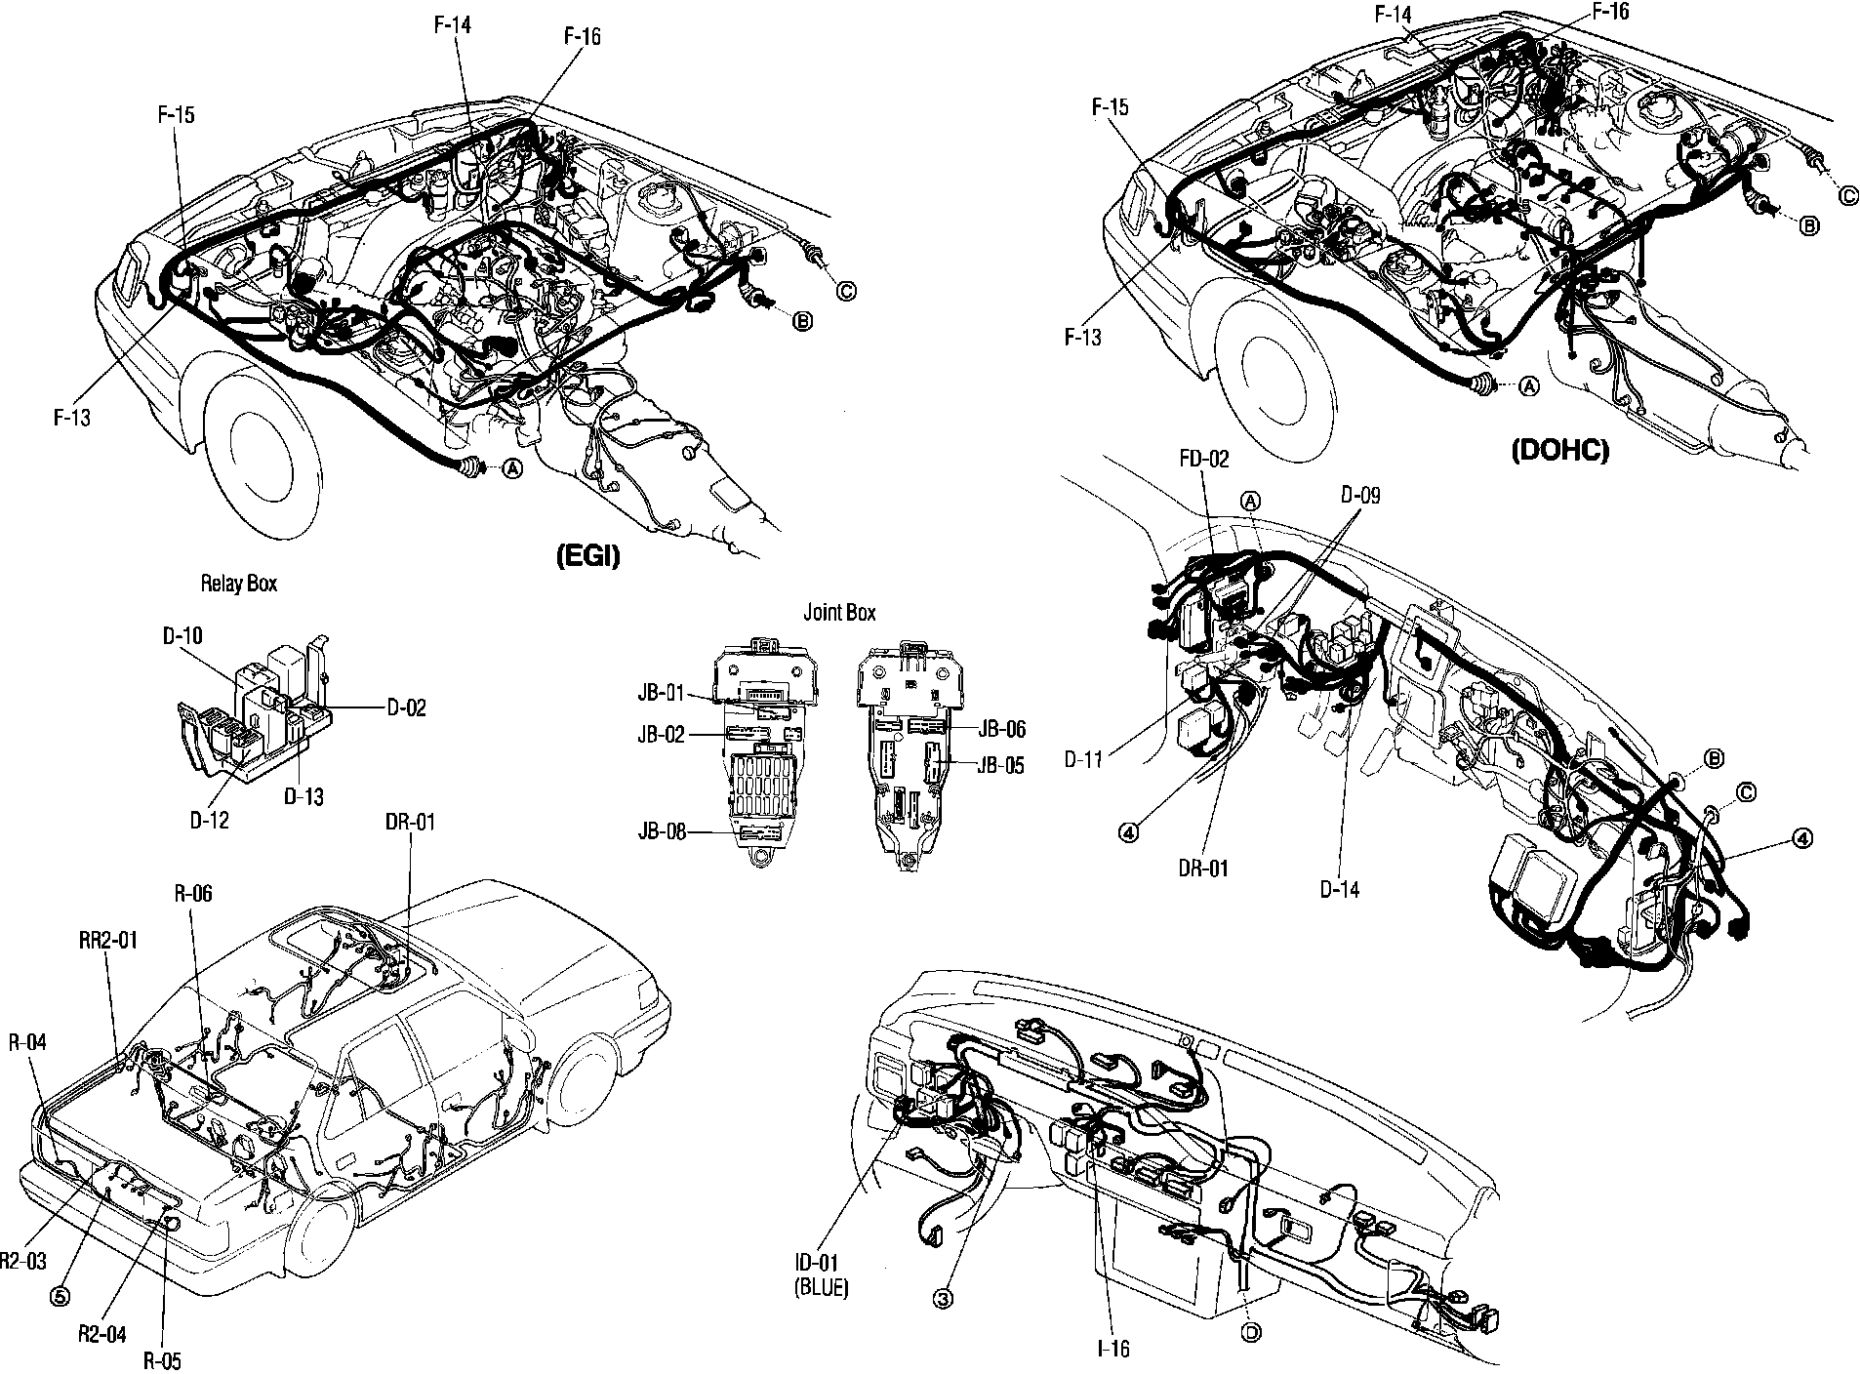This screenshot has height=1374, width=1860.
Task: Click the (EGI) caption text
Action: pyautogui.click(x=587, y=558)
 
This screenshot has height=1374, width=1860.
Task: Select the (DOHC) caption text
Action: pyautogui.click(x=1559, y=451)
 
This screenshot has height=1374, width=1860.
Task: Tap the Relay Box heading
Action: pyautogui.click(x=238, y=584)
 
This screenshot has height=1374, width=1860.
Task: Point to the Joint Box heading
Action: pyautogui.click(x=839, y=613)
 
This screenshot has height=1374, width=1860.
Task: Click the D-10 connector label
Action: pyautogui.click(x=182, y=636)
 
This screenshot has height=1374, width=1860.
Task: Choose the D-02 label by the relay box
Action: pyautogui.click(x=406, y=707)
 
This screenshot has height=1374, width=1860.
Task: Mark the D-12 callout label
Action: pyautogui.click(x=209, y=820)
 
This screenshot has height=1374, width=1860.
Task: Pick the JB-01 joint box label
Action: pyautogui.click(x=661, y=695)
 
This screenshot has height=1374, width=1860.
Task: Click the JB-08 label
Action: pyautogui.click(x=661, y=832)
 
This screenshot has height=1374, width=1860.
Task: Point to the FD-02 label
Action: pyautogui.click(x=1204, y=459)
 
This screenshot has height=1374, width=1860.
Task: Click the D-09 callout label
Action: pyautogui.click(x=1359, y=496)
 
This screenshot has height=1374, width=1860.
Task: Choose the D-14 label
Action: pyautogui.click(x=1339, y=889)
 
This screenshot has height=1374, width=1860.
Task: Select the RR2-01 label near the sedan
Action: pyautogui.click(x=108, y=941)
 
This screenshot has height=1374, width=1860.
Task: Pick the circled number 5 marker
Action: pyautogui.click(x=61, y=1297)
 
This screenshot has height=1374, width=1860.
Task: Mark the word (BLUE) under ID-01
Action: pyautogui.click(x=822, y=1288)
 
